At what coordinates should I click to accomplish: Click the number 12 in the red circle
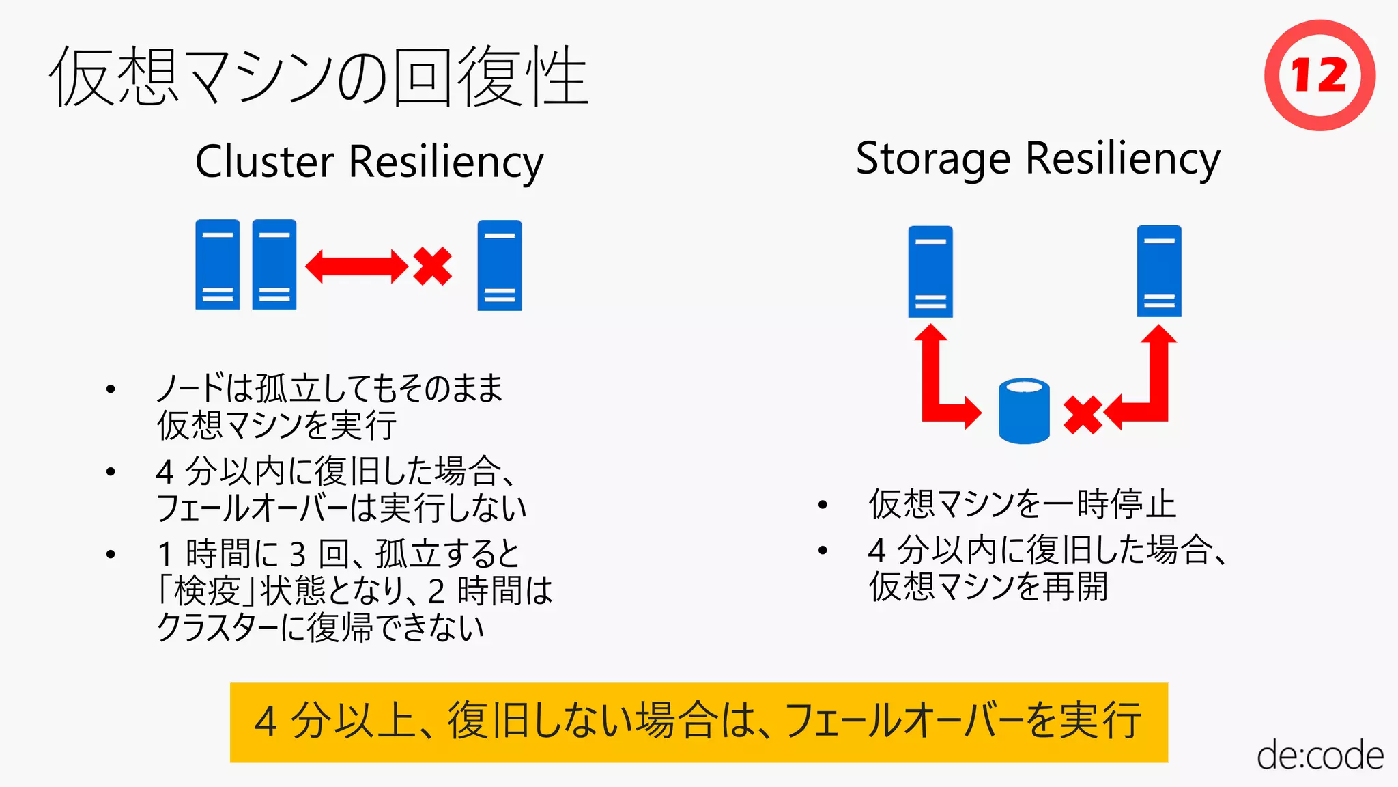1319,75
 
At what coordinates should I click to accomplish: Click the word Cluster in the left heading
264,162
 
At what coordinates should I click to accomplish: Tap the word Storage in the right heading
932,159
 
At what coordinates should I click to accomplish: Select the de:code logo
1319,756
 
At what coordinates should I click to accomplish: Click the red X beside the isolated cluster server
432,266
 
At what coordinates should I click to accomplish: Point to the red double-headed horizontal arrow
356,266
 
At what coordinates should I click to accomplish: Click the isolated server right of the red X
499,265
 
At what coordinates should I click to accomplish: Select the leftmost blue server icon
217,265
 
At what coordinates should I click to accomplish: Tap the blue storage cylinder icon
1023,411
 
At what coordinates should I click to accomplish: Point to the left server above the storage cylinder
930,271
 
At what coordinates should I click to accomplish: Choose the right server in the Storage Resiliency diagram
1158,271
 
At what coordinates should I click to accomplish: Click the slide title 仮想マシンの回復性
319,77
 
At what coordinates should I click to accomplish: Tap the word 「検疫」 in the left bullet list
207,590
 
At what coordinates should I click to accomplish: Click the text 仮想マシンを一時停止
1022,504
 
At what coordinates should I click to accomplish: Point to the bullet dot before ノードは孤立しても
111,389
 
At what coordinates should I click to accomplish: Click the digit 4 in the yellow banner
266,721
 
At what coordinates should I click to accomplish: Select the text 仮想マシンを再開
987,587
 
